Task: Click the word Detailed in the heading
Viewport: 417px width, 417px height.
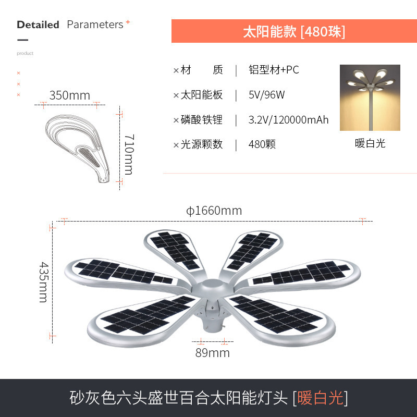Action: tap(38, 24)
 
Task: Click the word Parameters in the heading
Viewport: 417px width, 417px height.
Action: tap(95, 24)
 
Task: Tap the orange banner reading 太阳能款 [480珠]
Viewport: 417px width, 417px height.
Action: tap(294, 31)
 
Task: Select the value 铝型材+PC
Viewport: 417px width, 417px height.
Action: tap(274, 70)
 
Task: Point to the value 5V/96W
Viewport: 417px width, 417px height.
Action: tap(267, 95)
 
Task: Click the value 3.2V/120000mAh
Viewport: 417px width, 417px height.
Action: tap(289, 120)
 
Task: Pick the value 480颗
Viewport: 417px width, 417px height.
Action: tap(262, 144)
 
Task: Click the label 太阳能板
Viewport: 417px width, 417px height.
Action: tap(202, 95)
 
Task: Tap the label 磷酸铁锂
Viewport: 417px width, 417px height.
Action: tap(202, 120)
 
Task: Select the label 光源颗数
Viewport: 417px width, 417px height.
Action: tap(202, 144)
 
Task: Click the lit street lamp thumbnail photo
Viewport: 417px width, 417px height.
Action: tap(370, 97)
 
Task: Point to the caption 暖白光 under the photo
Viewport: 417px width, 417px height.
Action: tap(370, 143)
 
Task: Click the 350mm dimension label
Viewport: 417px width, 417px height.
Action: tap(70, 95)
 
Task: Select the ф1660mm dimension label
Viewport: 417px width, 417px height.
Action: tap(214, 211)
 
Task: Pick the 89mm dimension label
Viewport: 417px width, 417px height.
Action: tap(213, 353)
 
